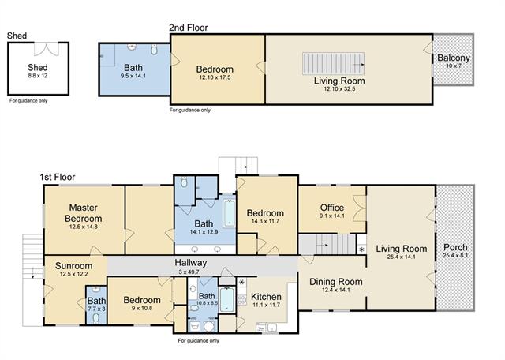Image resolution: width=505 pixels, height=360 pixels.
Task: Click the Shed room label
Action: [38, 67]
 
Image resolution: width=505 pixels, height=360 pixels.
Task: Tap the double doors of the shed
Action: [47, 49]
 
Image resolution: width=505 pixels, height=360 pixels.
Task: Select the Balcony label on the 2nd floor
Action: [454, 58]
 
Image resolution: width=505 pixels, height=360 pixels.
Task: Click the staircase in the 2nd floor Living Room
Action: [334, 63]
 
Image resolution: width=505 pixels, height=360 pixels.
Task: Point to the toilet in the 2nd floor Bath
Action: [155, 50]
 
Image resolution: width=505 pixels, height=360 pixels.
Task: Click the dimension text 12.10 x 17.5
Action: [215, 77]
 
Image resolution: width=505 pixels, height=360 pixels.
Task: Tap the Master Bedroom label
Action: [83, 212]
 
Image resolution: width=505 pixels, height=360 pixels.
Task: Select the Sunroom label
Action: [73, 266]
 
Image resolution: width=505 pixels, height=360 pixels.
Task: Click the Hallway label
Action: [191, 263]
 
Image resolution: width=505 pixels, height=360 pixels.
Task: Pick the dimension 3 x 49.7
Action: [189, 272]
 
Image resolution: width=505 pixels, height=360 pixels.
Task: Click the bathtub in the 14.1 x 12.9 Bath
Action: [230, 214]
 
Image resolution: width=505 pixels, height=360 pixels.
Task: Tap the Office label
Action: [332, 208]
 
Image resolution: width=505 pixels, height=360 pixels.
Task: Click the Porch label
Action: [455, 248]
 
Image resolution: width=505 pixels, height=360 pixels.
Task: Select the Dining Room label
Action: [336, 282]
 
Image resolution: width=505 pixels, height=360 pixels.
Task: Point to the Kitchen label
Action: [266, 297]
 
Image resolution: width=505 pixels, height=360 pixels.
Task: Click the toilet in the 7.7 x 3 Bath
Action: [95, 318]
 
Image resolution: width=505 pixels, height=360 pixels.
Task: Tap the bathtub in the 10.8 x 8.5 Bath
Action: [227, 300]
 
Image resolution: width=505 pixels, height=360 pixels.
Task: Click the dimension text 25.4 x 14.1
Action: [402, 257]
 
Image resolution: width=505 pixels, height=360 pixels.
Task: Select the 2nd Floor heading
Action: [189, 28]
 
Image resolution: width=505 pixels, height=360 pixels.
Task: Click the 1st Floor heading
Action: [58, 178]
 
